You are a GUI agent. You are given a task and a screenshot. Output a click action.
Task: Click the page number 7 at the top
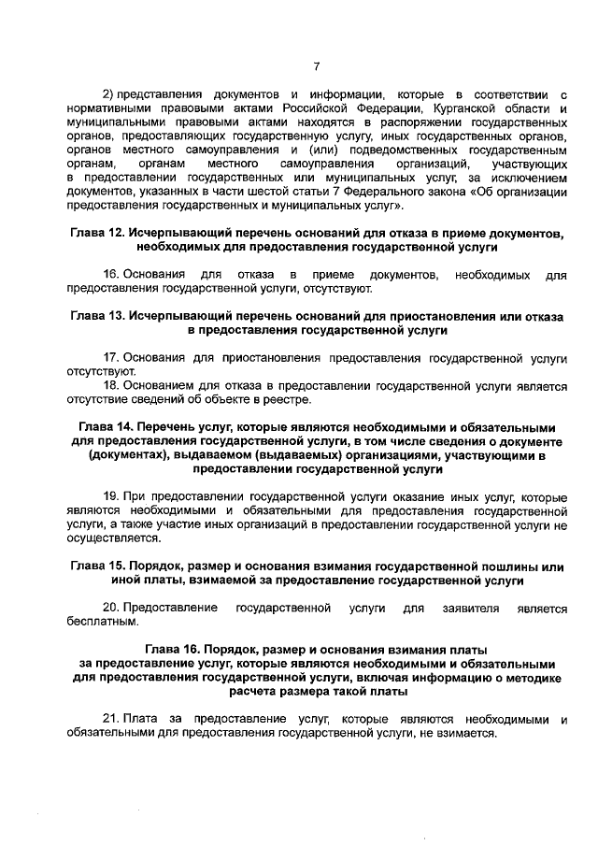click(x=317, y=65)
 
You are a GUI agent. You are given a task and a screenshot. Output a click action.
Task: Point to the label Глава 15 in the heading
click(x=99, y=566)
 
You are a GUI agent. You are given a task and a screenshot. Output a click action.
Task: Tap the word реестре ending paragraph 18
click(x=286, y=401)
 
